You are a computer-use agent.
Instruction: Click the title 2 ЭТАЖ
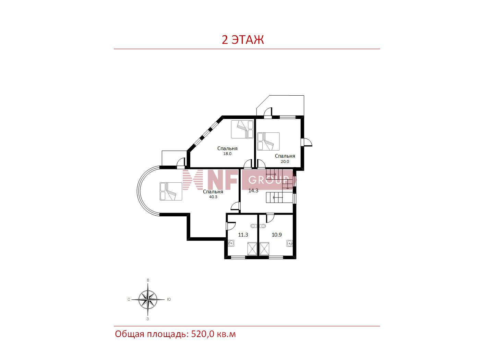point(243,39)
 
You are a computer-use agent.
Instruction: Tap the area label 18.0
point(227,154)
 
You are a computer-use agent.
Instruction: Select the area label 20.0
point(285,161)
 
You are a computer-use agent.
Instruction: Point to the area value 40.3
point(213,197)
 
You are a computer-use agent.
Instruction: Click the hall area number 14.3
point(253,191)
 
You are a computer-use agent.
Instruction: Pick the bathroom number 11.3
point(243,235)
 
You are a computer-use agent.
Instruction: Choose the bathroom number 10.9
point(277,235)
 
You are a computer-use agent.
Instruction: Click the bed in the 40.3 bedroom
point(171,191)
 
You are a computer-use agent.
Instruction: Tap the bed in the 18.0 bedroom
point(242,129)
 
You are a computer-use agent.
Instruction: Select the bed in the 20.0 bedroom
point(268,141)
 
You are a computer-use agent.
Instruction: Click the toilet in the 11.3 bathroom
point(253,226)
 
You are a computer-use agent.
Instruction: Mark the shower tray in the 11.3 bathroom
point(252,249)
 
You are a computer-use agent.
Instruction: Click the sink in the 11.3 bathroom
point(231,243)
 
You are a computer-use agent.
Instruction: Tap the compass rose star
point(148,299)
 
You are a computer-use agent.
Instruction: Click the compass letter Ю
point(169,299)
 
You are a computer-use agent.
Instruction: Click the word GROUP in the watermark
point(268,180)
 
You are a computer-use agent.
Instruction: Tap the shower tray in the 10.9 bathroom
point(264,249)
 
